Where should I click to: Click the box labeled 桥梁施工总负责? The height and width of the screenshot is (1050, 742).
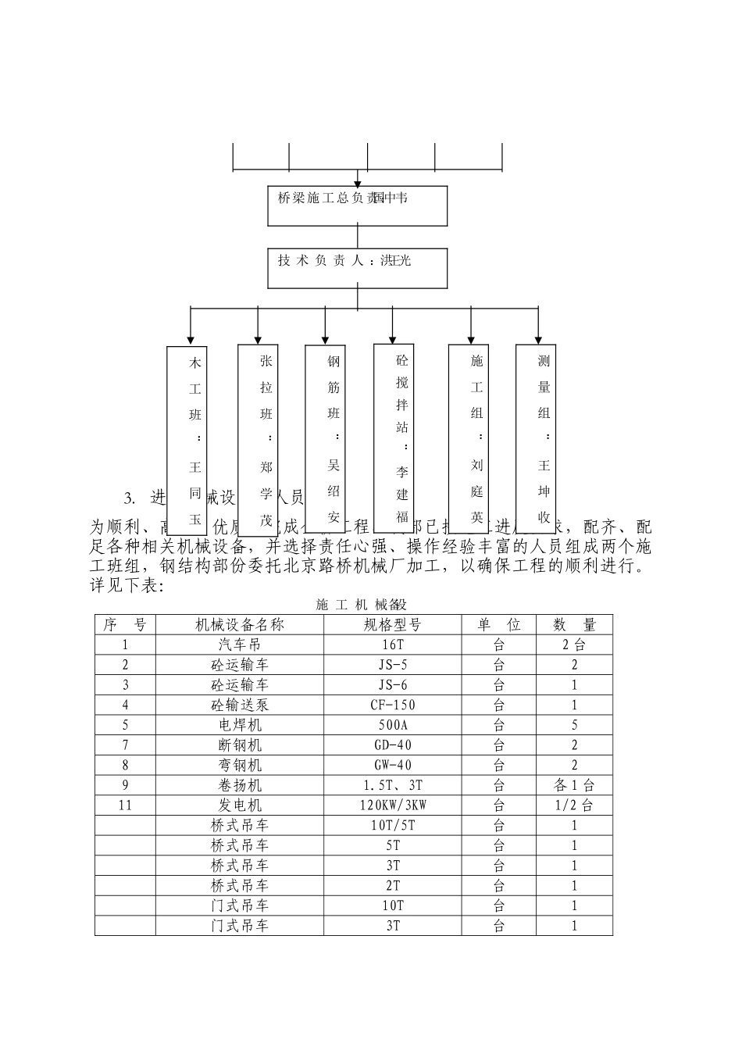[x=358, y=205]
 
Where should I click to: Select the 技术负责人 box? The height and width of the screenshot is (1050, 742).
[x=358, y=268]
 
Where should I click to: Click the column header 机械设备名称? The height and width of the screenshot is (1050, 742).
[x=239, y=624]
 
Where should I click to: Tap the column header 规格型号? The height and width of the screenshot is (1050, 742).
[x=392, y=624]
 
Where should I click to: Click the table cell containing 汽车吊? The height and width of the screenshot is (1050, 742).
[x=239, y=645]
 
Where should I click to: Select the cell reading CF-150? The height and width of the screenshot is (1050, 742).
[x=392, y=705]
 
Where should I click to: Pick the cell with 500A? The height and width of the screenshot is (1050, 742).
[x=392, y=725]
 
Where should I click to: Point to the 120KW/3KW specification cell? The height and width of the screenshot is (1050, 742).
[x=392, y=805]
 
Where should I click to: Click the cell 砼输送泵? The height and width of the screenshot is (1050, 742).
[x=239, y=705]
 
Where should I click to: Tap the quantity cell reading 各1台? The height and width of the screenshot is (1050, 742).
[x=574, y=785]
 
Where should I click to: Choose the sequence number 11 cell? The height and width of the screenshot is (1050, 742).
[x=126, y=805]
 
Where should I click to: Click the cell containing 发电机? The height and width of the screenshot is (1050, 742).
[x=239, y=805]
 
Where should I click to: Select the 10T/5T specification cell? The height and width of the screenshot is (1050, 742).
[x=392, y=825]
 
